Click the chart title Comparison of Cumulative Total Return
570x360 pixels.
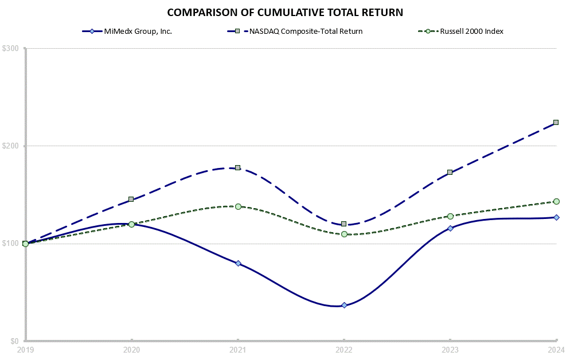pyautogui.click(x=285, y=12)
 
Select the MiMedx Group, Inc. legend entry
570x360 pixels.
pyautogui.click(x=131, y=31)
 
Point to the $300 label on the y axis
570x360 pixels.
pyautogui.click(x=11, y=49)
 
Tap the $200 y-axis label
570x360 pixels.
pyautogui.click(x=11, y=146)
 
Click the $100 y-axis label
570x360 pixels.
pyautogui.click(x=11, y=244)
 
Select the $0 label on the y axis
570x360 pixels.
pyautogui.click(x=15, y=341)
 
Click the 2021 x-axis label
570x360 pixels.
pyautogui.click(x=238, y=349)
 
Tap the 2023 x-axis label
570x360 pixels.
pyautogui.click(x=450, y=349)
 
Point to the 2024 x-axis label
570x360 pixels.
pyautogui.click(x=556, y=349)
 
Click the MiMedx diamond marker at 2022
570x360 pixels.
pyautogui.click(x=344, y=305)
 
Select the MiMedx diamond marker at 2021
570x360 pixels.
pyautogui.click(x=238, y=263)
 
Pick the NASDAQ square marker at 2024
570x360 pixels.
pyautogui.click(x=556, y=123)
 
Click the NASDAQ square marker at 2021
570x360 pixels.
pyautogui.click(x=238, y=168)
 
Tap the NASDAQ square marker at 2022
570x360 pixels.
pyautogui.click(x=344, y=224)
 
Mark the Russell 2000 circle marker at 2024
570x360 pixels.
pyautogui.click(x=556, y=201)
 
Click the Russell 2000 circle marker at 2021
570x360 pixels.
pyautogui.click(x=238, y=206)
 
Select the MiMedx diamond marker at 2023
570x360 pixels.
pyautogui.click(x=450, y=228)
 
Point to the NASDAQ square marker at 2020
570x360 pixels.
pyautogui.click(x=131, y=199)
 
